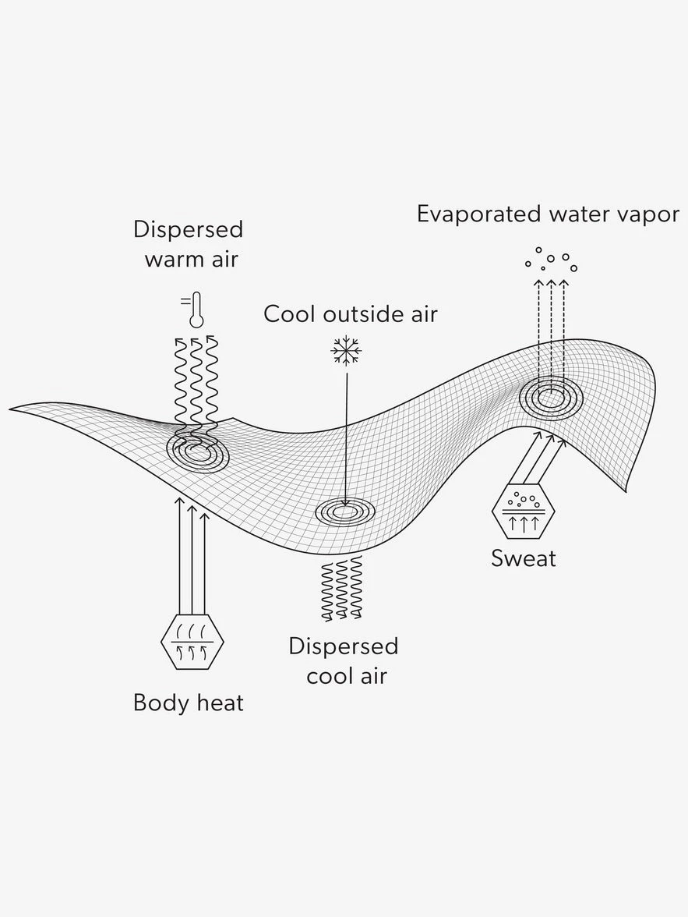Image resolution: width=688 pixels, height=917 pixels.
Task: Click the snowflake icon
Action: (345, 352)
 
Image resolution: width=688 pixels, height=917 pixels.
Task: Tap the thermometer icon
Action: (194, 309)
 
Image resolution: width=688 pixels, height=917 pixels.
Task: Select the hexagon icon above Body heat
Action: (192, 642)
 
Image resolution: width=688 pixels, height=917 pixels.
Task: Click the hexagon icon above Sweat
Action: (524, 512)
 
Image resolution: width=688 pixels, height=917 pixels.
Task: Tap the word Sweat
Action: (524, 558)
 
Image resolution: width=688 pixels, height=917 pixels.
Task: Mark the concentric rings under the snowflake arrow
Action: (344, 512)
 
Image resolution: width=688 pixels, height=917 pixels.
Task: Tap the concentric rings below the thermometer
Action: (196, 450)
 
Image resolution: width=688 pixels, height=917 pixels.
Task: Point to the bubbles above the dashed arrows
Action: (552, 259)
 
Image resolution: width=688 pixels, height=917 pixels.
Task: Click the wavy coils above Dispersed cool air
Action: (343, 588)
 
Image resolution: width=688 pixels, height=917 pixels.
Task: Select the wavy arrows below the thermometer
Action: (195, 382)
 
